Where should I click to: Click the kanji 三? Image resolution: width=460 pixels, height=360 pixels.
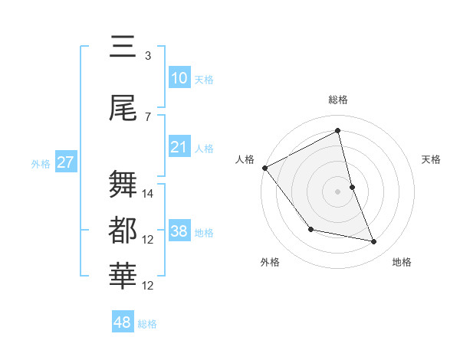pos(124,47)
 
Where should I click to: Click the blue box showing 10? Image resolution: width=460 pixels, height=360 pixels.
pos(179,78)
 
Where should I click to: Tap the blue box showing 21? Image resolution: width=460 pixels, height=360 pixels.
pos(179,146)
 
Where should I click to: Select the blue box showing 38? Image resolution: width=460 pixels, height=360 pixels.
pos(179,231)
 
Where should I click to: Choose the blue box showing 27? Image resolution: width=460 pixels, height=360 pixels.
pos(66,163)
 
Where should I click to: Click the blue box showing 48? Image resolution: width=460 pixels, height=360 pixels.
pos(123,322)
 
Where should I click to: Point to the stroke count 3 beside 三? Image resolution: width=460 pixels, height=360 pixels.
pos(148,55)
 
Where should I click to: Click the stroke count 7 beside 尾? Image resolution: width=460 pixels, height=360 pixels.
pos(148,116)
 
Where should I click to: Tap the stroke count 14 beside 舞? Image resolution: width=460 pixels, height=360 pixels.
pos(149,194)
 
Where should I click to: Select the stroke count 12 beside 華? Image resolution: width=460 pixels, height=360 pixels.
pos(149,286)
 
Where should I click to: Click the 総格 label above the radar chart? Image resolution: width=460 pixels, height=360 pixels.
pos(338,100)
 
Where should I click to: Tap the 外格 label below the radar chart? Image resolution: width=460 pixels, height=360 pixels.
pos(270,262)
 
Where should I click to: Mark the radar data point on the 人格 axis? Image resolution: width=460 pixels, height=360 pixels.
pos(264,168)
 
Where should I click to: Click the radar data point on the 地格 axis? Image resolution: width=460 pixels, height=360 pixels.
pos(374,242)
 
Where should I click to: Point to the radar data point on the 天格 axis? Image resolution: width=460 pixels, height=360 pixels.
pos(352,187)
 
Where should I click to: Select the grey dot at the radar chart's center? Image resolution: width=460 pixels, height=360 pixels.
pos(338,191)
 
